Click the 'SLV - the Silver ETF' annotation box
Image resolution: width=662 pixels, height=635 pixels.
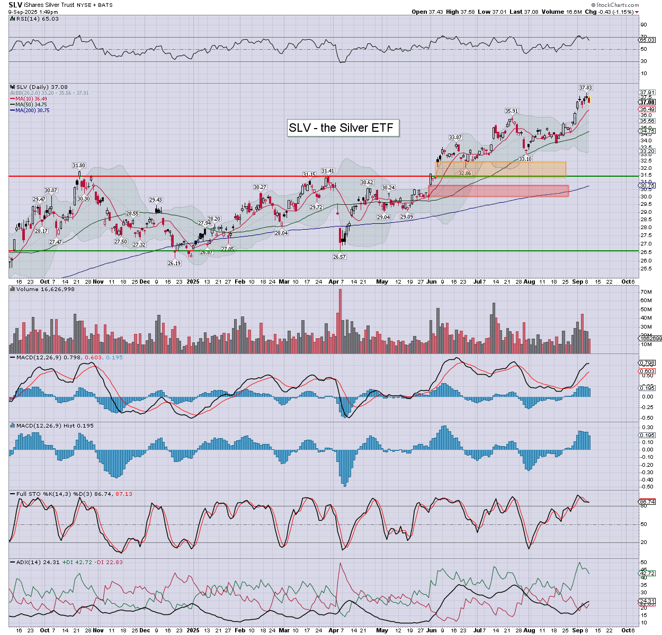[343, 128]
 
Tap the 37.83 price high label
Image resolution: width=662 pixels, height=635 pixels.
[585, 88]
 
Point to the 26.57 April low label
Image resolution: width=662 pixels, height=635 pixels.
[339, 257]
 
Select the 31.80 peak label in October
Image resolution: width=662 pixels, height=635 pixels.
[79, 166]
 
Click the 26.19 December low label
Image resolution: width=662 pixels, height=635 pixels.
[174, 263]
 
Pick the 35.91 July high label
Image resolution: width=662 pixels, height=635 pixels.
[511, 111]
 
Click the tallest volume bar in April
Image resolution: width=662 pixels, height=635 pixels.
[340, 321]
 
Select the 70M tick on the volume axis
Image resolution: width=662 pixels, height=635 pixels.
[646, 292]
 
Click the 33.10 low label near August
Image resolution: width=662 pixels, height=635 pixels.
[525, 159]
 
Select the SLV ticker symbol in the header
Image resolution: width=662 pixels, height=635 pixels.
[15, 5]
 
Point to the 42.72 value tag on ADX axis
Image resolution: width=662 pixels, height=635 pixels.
[647, 573]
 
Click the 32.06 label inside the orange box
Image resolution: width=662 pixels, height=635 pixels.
[464, 174]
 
